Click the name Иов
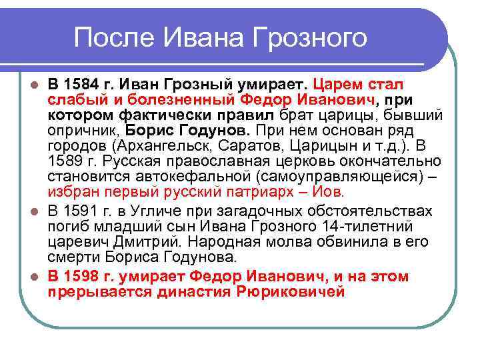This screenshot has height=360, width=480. [330, 192]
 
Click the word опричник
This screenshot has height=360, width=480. [80, 131]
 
